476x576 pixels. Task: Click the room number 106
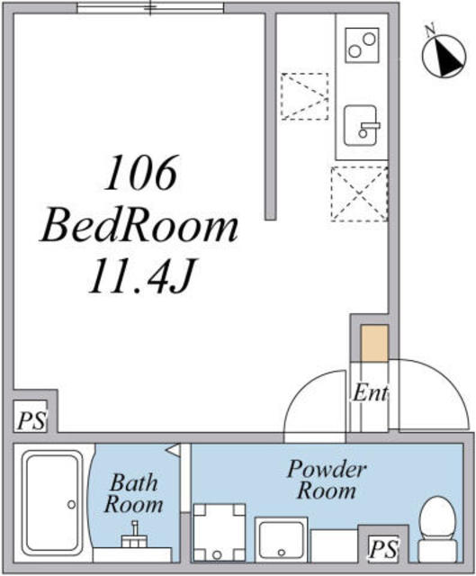140,173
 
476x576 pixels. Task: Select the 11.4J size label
140,275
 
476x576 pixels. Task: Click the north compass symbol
445,56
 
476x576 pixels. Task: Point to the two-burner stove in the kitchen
362,45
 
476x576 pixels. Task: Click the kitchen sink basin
361,126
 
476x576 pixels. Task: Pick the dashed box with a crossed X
359,194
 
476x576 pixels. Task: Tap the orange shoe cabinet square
374,343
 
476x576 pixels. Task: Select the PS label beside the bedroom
32,421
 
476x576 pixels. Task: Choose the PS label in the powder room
384,550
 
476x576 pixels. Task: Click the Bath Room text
134,493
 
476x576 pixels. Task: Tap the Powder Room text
327,480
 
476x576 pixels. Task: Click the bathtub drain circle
71,504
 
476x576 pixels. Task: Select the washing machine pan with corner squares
220,533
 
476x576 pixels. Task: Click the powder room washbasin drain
282,552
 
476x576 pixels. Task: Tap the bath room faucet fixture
135,535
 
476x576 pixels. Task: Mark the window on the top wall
150,8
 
